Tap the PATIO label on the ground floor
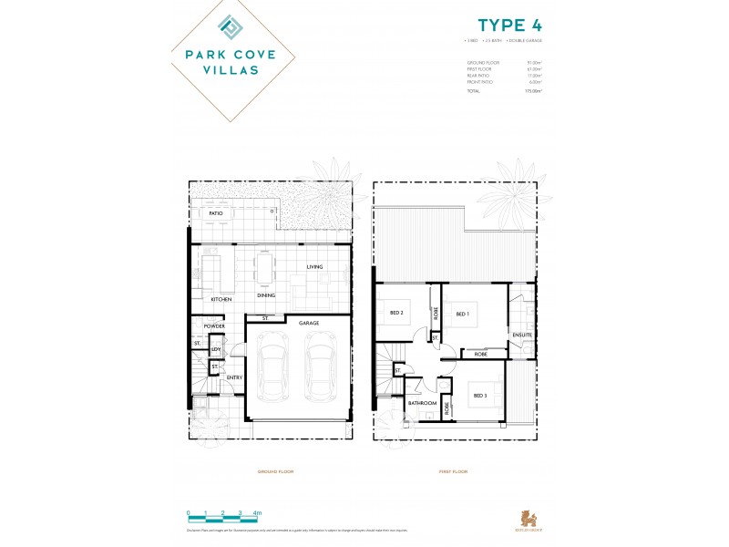pyautogui.click(x=216, y=213)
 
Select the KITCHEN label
pyautogui.click(x=221, y=299)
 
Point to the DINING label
pyautogui.click(x=266, y=294)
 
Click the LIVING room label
pyautogui.click(x=314, y=267)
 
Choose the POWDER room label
pyautogui.click(x=214, y=325)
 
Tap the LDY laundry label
pyautogui.click(x=216, y=349)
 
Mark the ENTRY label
pyautogui.click(x=234, y=377)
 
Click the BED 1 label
pyautogui.click(x=462, y=314)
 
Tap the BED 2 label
pyautogui.click(x=396, y=312)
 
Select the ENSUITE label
pyautogui.click(x=522, y=335)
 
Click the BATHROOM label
pyautogui.click(x=422, y=403)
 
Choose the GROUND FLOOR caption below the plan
pyautogui.click(x=275, y=471)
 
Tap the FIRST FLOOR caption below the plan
pyautogui.click(x=452, y=471)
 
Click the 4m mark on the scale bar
pyautogui.click(x=257, y=513)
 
